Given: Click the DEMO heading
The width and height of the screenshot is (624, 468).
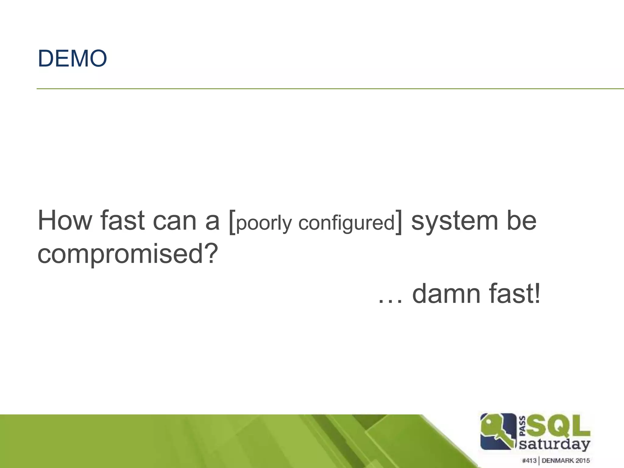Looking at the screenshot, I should (72, 58).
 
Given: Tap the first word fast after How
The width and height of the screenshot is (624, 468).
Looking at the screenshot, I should (122, 220).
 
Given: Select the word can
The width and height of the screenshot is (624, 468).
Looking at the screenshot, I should (175, 220).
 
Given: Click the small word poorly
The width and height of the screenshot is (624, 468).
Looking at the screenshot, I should (264, 223).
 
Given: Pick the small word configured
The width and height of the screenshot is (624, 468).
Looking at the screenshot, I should (346, 223).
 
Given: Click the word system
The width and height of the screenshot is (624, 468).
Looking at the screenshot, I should (454, 220).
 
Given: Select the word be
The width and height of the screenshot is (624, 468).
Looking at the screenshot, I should (521, 220).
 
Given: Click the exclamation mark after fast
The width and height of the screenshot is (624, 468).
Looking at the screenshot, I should (537, 293).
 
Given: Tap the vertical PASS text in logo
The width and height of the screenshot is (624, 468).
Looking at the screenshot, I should (522, 426).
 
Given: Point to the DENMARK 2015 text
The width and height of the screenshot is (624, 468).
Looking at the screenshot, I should (566, 460).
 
